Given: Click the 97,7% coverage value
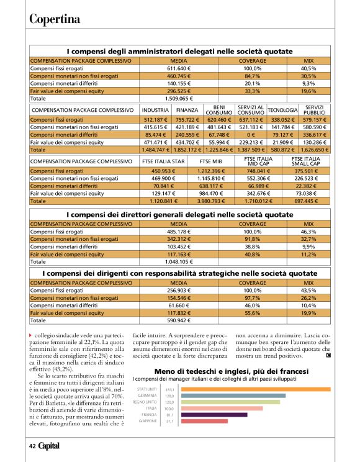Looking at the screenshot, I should [x=252, y=299].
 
